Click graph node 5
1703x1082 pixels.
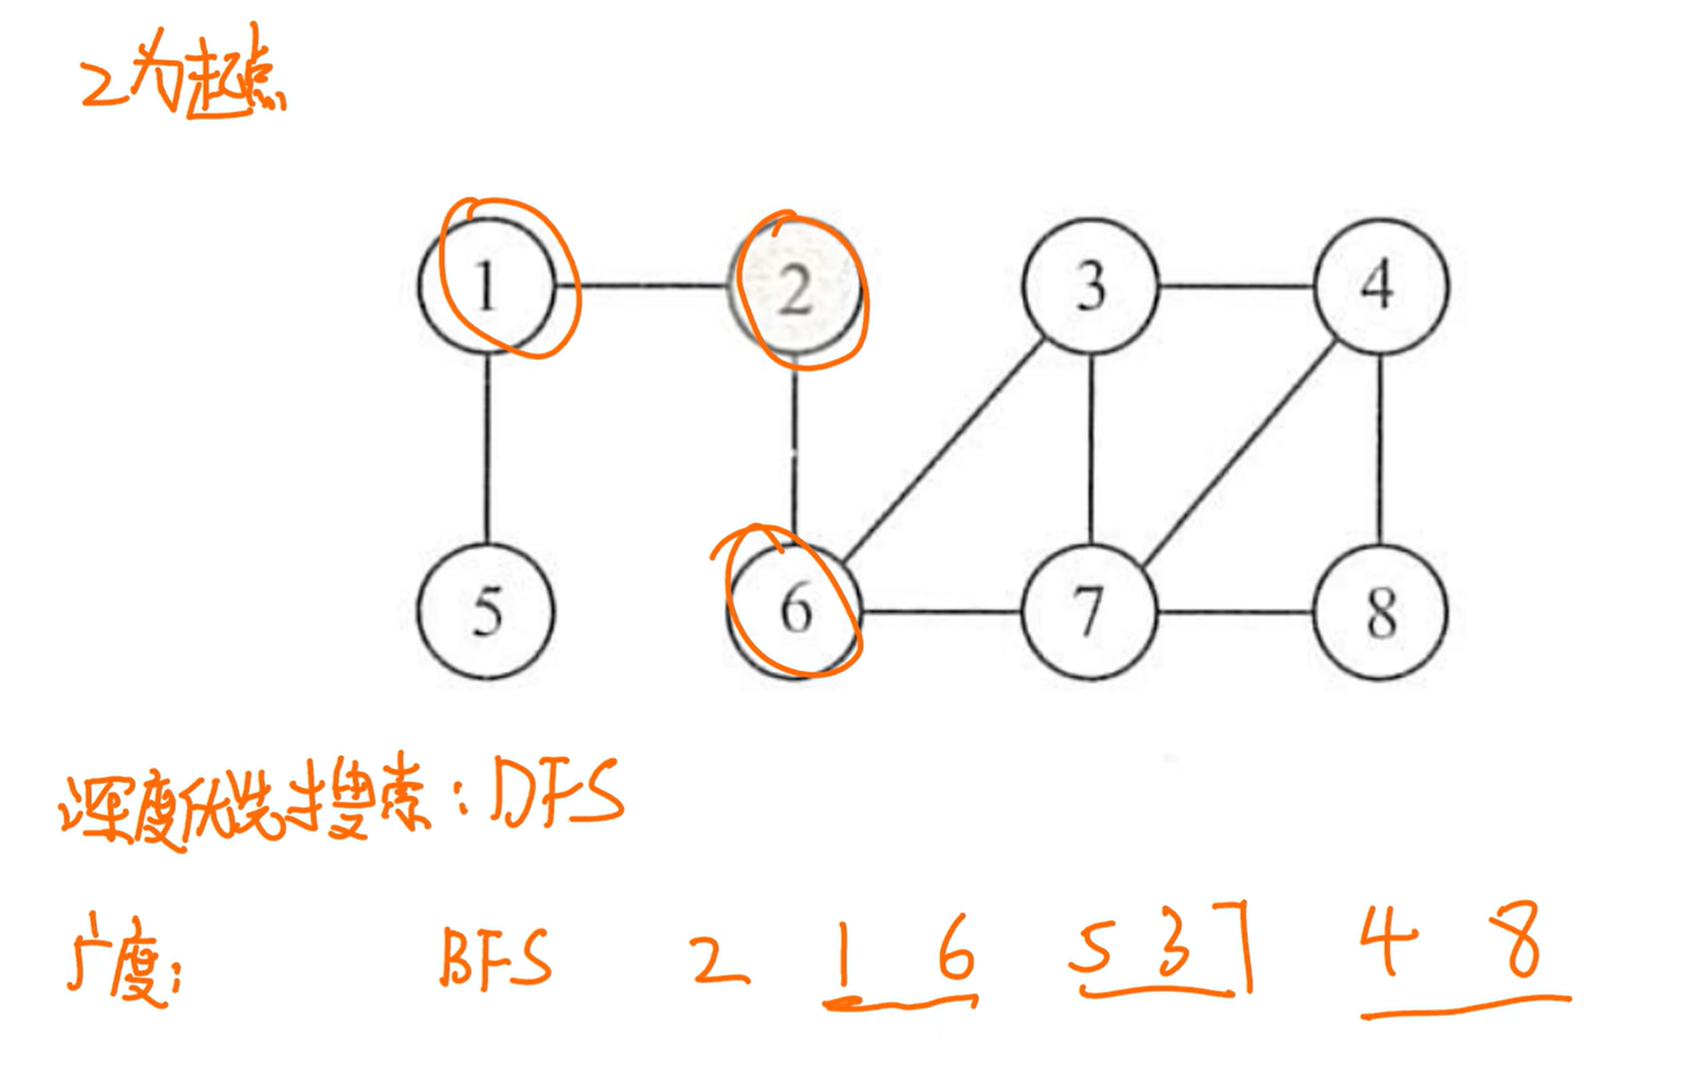click(485, 611)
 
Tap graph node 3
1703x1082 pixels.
click(1090, 286)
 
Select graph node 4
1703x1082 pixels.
click(1380, 286)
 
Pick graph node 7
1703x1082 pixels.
click(1089, 611)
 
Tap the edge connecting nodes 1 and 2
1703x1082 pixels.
click(653, 285)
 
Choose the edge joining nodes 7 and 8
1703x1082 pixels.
click(1234, 613)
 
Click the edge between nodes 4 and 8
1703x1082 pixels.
click(1380, 449)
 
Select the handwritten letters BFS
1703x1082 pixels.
click(496, 957)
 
